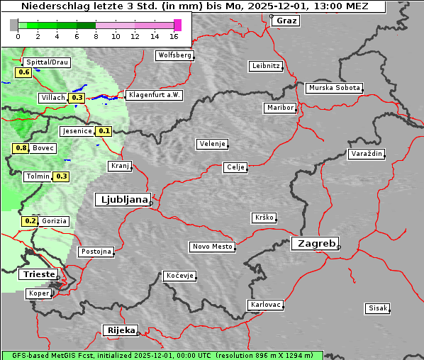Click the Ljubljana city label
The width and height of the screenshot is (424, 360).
tap(122, 199)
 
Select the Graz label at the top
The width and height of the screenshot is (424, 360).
tap(286, 21)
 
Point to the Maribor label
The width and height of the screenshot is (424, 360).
tap(279, 108)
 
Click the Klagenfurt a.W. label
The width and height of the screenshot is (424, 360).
tap(154, 95)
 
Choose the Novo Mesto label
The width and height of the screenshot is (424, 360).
tap(212, 247)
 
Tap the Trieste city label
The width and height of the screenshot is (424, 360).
tap(37, 274)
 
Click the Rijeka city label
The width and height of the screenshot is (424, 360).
tap(121, 330)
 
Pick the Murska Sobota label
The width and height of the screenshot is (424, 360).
tap(334, 89)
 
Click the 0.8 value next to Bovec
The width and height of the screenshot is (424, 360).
tap(21, 148)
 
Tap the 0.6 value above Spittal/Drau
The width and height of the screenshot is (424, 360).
tap(23, 72)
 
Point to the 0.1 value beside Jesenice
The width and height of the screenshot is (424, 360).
tap(104, 131)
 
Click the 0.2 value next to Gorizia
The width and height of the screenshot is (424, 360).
tap(30, 221)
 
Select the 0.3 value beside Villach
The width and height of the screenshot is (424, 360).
tap(77, 98)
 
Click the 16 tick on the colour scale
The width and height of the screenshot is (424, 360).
tap(174, 36)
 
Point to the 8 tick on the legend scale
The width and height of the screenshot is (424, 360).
tap(96, 36)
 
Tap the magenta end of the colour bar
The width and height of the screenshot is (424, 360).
tap(177, 25)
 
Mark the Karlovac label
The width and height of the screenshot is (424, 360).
tap(266, 305)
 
